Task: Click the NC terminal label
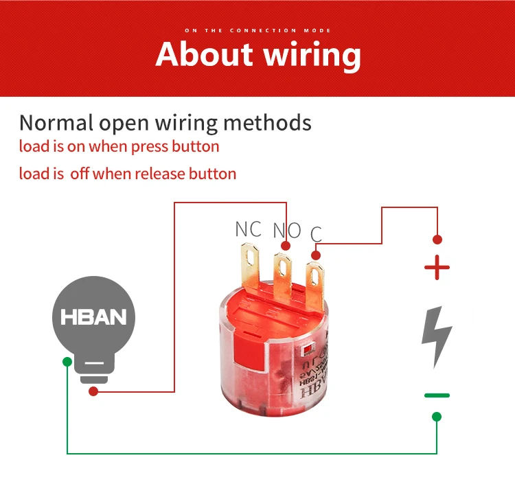tap(248, 229)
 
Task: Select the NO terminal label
tap(287, 231)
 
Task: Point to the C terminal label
tap(316, 234)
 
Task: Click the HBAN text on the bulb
tap(94, 318)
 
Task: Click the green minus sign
tap(437, 395)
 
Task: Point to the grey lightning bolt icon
tap(436, 337)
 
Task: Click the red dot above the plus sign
tap(437, 240)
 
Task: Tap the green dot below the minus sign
tap(437, 417)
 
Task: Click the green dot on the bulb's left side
tap(67, 361)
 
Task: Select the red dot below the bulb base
tap(93, 391)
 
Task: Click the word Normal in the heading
tap(56, 123)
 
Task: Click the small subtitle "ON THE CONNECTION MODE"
tap(257, 31)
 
